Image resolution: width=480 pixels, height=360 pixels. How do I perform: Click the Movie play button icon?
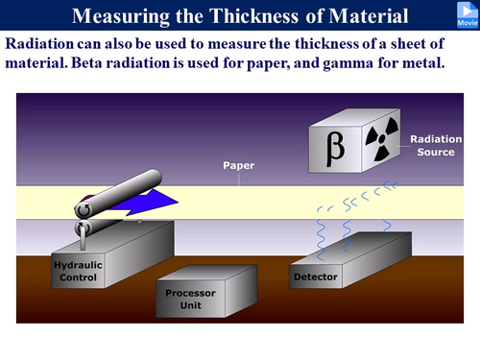(x=464, y=13)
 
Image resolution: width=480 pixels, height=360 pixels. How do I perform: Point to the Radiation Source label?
(x=435, y=145)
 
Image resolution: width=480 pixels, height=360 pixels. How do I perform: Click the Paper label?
(x=238, y=164)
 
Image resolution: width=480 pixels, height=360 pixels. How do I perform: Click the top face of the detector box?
(x=350, y=252)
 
